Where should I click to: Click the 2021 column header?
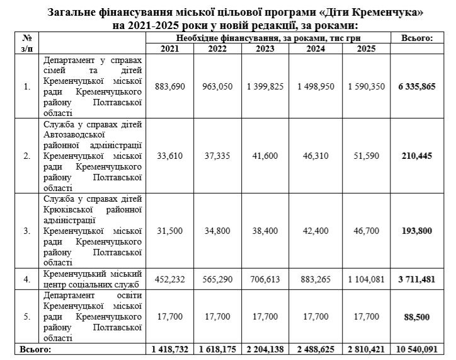[x=170, y=49]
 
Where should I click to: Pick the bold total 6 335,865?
[x=417, y=86]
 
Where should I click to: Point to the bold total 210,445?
[x=417, y=156]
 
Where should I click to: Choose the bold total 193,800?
[x=417, y=231]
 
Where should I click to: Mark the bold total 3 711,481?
[x=417, y=279]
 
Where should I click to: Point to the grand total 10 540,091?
[x=417, y=348]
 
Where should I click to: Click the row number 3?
[x=26, y=231]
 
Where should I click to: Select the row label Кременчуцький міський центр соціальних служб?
[x=93, y=279]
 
